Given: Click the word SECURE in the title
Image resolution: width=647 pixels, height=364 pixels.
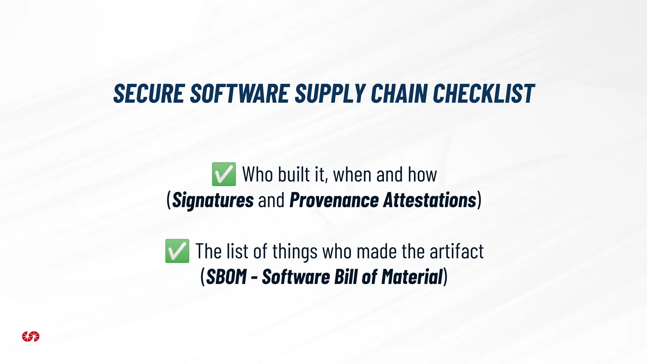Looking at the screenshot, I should click(x=149, y=94).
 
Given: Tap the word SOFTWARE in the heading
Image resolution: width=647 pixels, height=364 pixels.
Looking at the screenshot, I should click(x=239, y=94).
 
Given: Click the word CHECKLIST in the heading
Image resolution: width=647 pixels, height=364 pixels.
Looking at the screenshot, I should click(x=483, y=94).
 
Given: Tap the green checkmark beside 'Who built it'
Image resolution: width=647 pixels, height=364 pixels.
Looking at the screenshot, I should click(x=224, y=174).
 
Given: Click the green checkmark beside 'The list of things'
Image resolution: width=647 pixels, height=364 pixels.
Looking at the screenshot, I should click(x=177, y=251).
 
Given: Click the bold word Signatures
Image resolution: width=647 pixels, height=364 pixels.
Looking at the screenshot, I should click(x=213, y=200).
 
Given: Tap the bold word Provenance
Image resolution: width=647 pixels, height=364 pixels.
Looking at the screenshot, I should click(x=334, y=200).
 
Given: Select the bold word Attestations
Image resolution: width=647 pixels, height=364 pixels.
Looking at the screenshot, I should click(x=429, y=200).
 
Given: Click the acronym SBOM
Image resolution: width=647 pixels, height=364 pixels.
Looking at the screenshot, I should click(x=226, y=277).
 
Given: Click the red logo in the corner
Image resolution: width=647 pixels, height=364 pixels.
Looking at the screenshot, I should click(x=31, y=337).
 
